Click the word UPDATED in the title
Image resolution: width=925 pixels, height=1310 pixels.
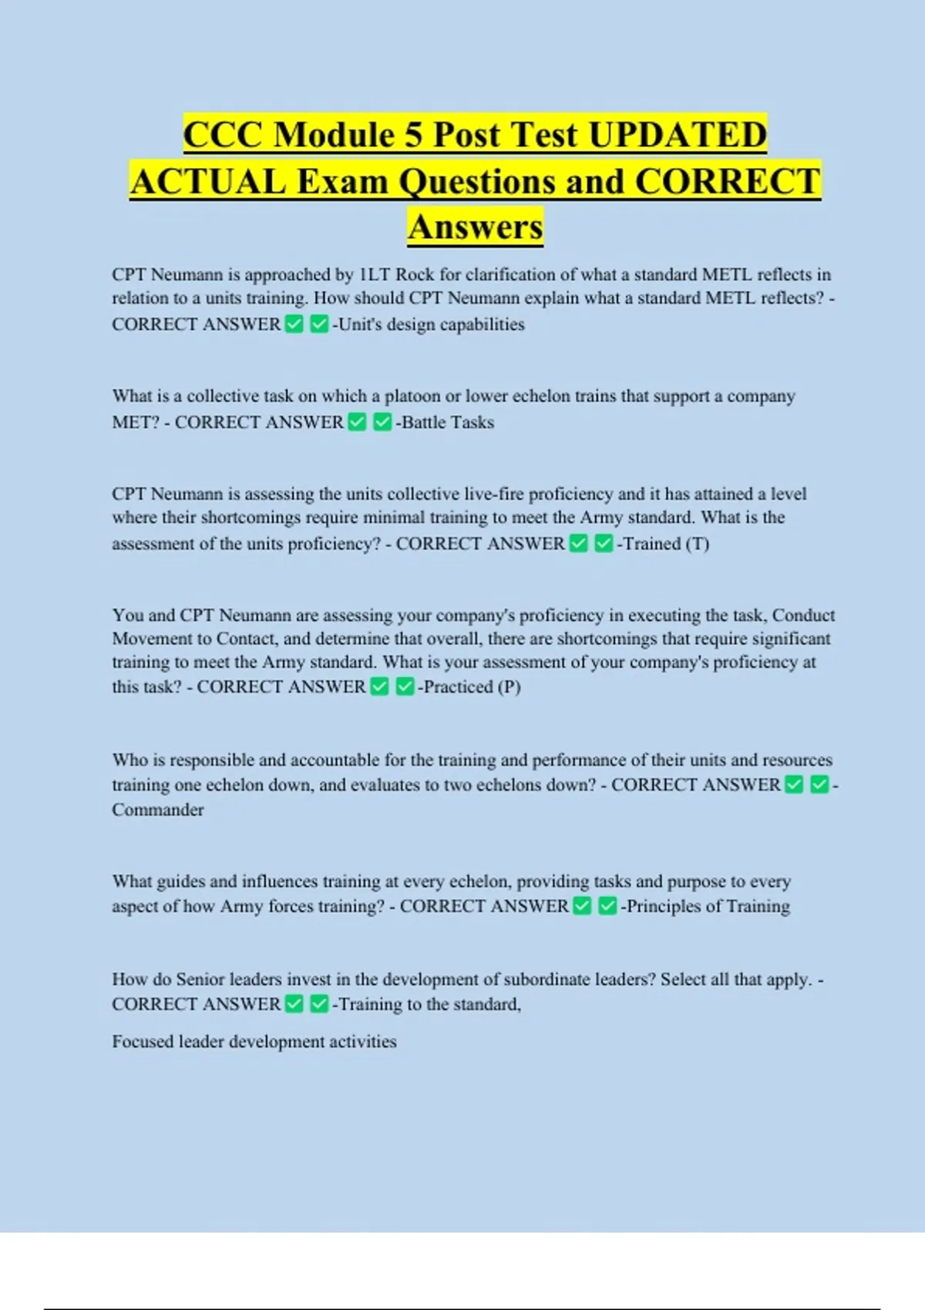pyautogui.click(x=678, y=135)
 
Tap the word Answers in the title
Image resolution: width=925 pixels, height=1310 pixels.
pyautogui.click(x=476, y=227)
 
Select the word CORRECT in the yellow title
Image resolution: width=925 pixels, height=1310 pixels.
pyautogui.click(x=728, y=182)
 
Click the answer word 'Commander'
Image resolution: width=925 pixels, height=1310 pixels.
pyautogui.click(x=158, y=810)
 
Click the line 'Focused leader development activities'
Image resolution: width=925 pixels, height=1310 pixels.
pyautogui.click(x=254, y=1042)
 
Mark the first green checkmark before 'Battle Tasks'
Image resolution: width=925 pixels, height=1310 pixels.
pyautogui.click(x=357, y=422)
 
